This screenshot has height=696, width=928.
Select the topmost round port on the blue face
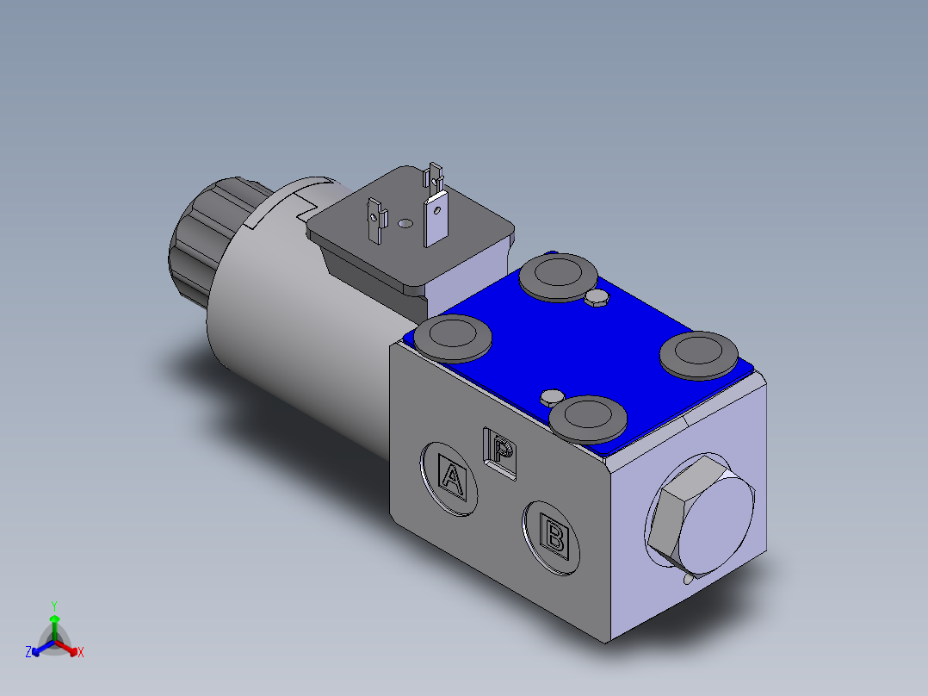tap(558, 275)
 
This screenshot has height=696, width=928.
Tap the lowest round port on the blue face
tap(587, 417)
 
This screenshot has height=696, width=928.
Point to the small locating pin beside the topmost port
tap(596, 298)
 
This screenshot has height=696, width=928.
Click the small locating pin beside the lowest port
tap(551, 396)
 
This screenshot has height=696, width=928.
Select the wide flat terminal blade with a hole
tap(436, 215)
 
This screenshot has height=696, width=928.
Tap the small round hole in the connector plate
tap(405, 224)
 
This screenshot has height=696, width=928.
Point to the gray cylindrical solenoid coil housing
tap(284, 319)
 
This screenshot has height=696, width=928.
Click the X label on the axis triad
tap(81, 653)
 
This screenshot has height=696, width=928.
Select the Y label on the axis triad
tap(54, 606)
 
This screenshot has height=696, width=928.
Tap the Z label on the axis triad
tap(28, 653)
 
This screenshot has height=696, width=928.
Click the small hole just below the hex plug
tap(688, 580)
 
